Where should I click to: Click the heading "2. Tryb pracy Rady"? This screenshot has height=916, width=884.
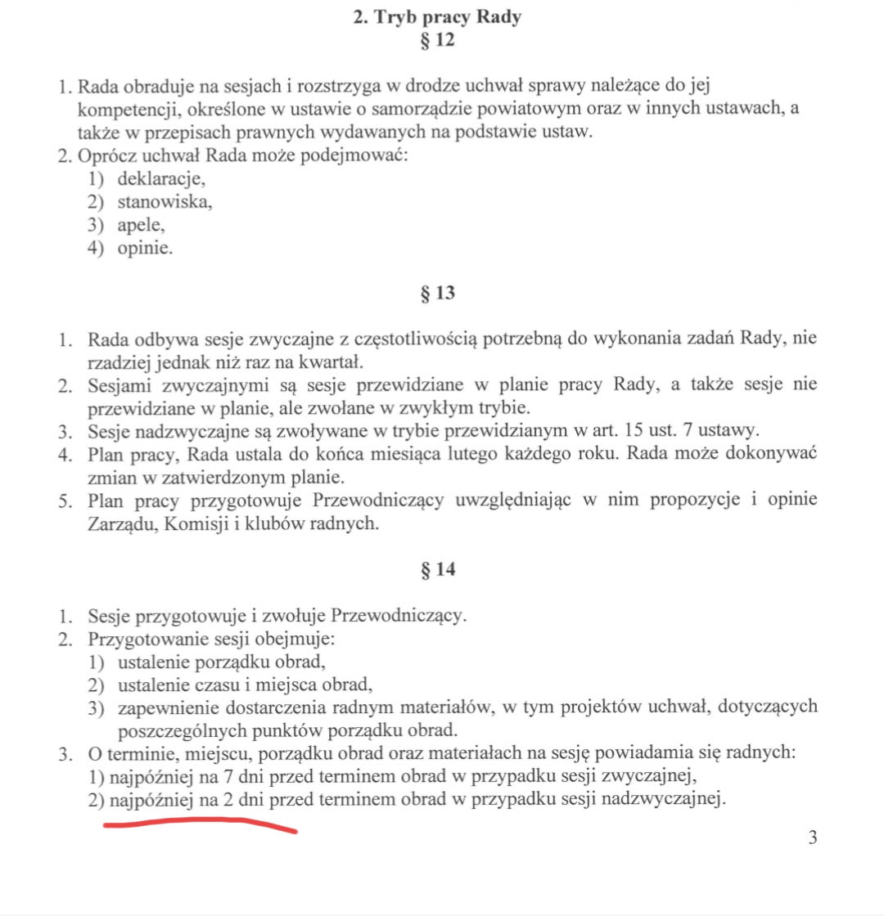(x=436, y=18)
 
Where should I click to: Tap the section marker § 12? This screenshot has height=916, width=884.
(x=436, y=39)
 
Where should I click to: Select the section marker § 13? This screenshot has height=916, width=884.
(x=436, y=293)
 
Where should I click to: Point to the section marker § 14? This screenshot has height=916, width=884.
(x=436, y=570)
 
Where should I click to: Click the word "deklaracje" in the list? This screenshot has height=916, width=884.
(x=160, y=178)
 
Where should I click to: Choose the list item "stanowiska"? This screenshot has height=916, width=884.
(x=165, y=202)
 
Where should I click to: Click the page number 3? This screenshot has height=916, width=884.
(x=813, y=837)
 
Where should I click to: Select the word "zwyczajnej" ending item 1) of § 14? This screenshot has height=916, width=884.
(x=657, y=775)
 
